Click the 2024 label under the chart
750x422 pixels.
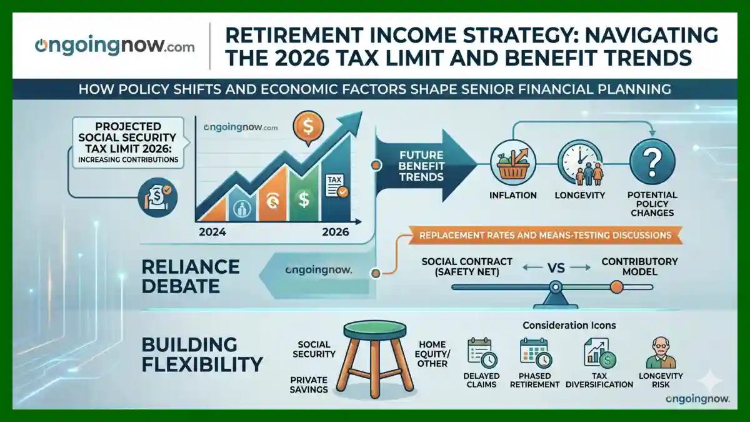(x=212, y=232)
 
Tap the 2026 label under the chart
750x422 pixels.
(x=336, y=232)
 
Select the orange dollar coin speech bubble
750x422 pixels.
(x=308, y=128)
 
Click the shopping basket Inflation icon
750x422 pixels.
(x=513, y=163)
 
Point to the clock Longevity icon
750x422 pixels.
(x=580, y=163)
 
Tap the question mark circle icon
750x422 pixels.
(x=652, y=163)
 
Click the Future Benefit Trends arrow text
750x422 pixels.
(x=421, y=166)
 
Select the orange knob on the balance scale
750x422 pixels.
(x=616, y=287)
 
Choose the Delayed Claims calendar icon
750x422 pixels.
(x=482, y=353)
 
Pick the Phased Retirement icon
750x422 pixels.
(x=535, y=353)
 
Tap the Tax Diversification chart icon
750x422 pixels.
(x=599, y=353)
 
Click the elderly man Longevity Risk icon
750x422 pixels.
(x=661, y=353)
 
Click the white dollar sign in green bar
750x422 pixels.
(x=304, y=199)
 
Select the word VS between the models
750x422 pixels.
(x=556, y=268)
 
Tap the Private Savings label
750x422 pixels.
(x=309, y=384)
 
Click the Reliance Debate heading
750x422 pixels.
(x=191, y=276)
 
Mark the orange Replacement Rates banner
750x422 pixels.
(x=545, y=235)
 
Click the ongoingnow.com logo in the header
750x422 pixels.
(x=114, y=46)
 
